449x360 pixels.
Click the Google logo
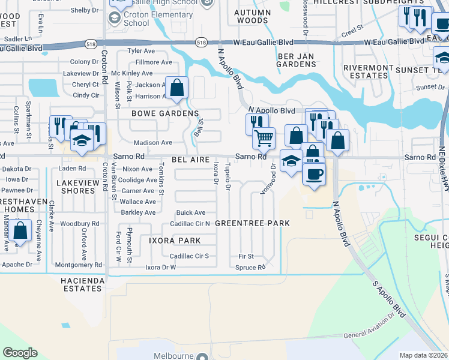[20, 353]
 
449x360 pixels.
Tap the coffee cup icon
[313, 175]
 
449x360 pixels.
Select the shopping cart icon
[264, 139]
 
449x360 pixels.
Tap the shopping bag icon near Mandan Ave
[20, 231]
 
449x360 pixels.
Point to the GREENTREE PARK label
[252, 223]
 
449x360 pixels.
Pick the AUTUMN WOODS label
[251, 16]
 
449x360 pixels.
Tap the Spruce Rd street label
[250, 268]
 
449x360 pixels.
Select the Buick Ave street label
[190, 213]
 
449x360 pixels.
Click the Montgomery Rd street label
[78, 265]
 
